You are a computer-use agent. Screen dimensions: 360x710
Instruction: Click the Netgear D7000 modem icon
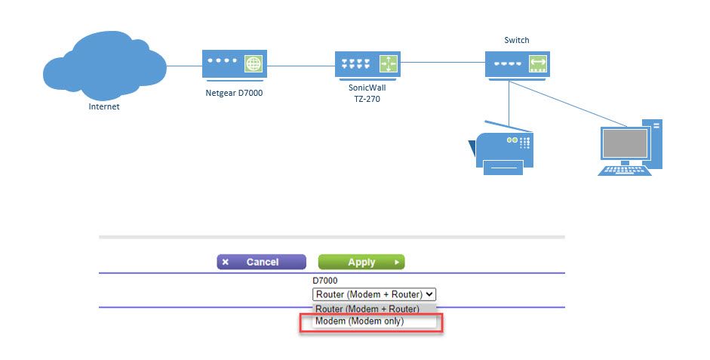234,65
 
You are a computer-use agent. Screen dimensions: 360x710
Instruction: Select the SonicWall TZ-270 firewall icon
367,65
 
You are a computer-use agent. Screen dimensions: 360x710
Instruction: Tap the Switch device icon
517,65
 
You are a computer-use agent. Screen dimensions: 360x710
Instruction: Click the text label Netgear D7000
235,94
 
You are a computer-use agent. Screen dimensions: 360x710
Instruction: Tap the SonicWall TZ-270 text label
367,93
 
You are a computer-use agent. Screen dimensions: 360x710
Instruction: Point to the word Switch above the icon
517,39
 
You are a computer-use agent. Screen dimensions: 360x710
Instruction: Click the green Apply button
361,262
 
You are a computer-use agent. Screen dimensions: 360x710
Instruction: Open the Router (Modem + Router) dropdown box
374,294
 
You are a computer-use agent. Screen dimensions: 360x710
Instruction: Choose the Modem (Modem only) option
360,322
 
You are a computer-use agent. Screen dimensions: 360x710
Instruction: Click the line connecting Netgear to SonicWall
301,65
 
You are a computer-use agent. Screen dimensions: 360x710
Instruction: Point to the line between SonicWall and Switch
442,65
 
